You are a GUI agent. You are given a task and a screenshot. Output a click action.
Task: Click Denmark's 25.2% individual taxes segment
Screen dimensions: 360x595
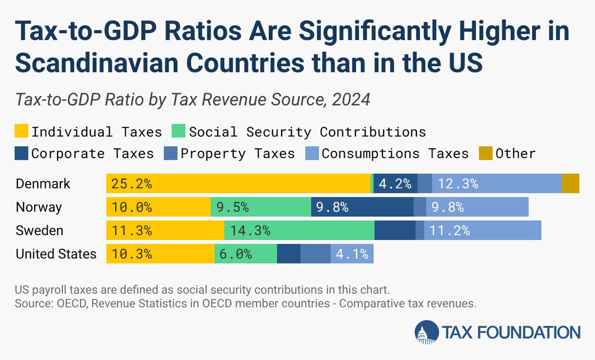click(238, 183)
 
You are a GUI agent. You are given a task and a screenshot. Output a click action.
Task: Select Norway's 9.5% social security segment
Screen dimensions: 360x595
click(261, 207)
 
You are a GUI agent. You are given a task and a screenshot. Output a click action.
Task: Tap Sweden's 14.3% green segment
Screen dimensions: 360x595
click(299, 231)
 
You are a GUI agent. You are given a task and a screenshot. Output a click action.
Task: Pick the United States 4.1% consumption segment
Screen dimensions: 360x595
click(352, 254)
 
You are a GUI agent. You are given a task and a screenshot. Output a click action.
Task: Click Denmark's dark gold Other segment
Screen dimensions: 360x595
click(570, 183)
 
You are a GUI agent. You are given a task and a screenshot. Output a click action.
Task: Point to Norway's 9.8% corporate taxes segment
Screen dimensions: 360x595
click(362, 207)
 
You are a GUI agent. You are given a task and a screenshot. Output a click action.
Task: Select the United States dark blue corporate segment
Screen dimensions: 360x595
click(289, 254)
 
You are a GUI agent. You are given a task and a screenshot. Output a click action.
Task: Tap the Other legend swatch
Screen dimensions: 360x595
click(485, 153)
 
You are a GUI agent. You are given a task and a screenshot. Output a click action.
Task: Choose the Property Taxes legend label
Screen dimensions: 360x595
click(238, 153)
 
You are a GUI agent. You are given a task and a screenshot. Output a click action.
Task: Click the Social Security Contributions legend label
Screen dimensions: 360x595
click(307, 132)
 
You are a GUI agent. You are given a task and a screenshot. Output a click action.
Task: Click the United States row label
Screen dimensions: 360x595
click(56, 254)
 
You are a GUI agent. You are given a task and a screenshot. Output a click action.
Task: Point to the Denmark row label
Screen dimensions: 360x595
click(43, 183)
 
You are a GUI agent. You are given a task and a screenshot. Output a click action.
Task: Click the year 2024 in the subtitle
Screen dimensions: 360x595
click(352, 99)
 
